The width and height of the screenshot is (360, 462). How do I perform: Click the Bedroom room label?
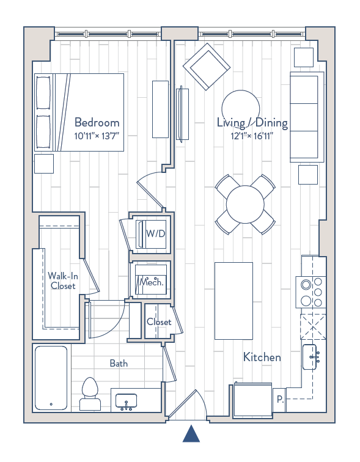97,122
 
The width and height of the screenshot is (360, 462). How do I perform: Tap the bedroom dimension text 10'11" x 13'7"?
97,136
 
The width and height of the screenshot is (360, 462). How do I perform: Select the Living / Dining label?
252,123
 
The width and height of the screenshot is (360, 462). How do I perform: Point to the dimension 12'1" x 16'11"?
252,136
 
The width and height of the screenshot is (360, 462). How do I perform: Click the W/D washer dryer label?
155,233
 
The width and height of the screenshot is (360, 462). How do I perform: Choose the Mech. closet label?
152,282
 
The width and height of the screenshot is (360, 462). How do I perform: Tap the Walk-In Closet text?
62,280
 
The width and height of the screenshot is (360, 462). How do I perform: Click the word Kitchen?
262,357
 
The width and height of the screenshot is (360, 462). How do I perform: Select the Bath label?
119,363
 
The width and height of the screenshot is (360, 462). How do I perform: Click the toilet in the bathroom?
90,392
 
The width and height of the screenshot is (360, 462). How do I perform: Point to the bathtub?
51,377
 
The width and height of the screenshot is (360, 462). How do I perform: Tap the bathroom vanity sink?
128,400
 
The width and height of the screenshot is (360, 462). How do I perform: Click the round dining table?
244,204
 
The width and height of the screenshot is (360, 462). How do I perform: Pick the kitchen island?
233,300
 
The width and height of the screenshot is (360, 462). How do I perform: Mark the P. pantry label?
279,400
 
